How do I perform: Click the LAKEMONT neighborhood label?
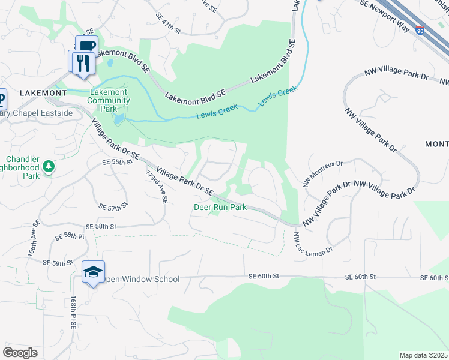coord(43,93)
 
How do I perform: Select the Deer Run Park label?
coord(220,207)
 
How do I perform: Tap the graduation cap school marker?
coord(93,272)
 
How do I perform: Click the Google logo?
coord(20,352)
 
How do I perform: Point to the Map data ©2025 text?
coord(423,355)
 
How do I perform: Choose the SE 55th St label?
coord(116,163)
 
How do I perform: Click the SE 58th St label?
coord(100,227)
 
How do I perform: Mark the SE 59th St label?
coord(58,263)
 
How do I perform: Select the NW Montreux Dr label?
coord(323,172)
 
